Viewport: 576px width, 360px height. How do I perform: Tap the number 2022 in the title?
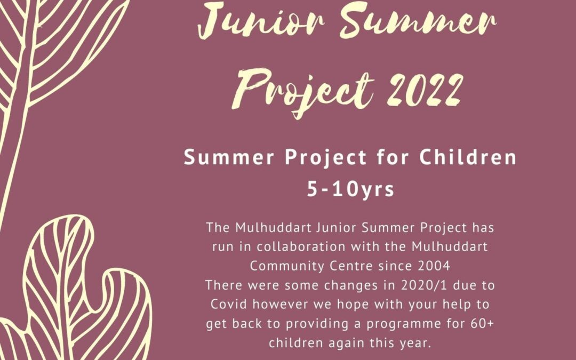tap(425, 90)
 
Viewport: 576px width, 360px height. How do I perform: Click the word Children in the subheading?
tap(468, 157)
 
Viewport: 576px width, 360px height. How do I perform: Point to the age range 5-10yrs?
tap(350, 189)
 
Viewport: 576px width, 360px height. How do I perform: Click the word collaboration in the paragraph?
tap(301, 246)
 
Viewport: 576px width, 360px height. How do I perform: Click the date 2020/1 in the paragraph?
tap(424, 285)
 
